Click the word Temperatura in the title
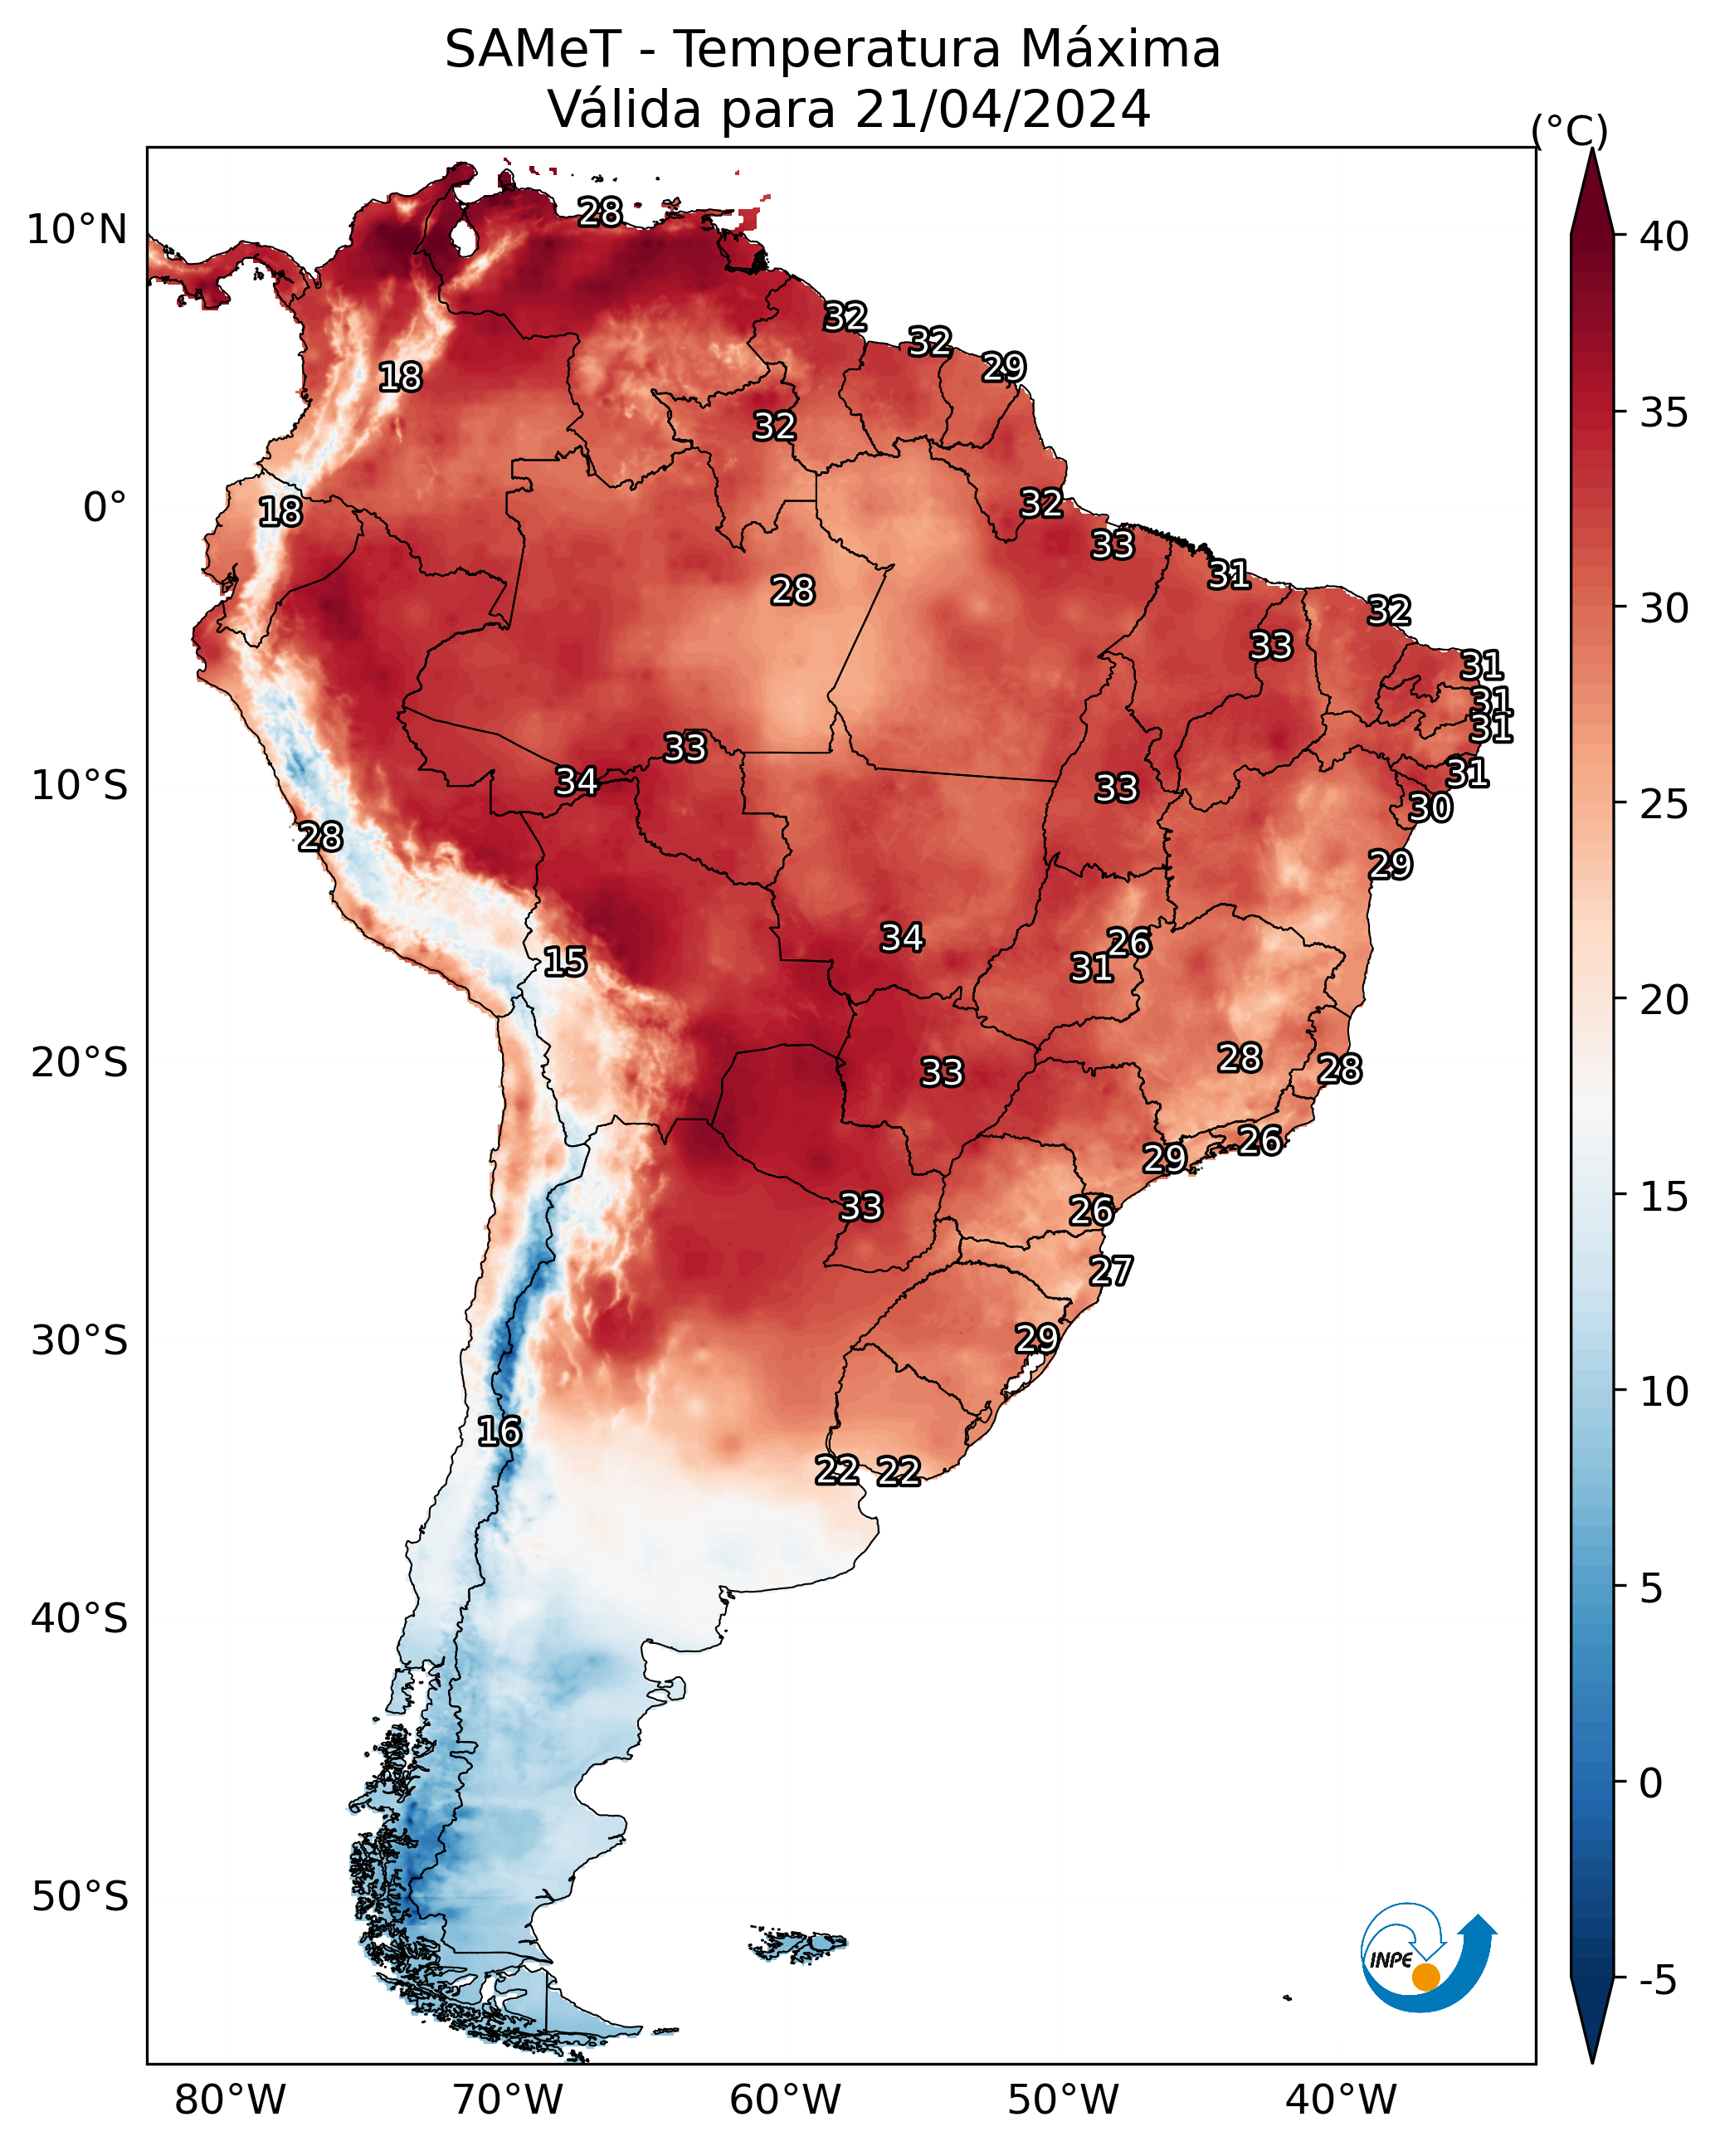tap(836, 50)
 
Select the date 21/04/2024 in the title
tap(1002, 110)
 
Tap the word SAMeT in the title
tap(533, 50)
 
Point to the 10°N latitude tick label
tap(76, 230)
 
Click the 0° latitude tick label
tap(105, 508)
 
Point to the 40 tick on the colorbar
tap(1664, 237)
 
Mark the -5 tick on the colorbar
tap(1659, 1980)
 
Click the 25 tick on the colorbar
tap(1664, 804)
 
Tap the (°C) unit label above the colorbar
tap(1570, 130)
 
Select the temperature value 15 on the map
tap(564, 962)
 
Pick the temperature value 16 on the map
tap(499, 1431)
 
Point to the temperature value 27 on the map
tap(1111, 1271)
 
